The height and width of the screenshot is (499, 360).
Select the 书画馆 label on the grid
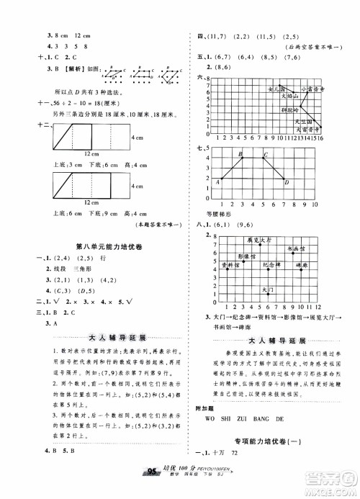tap(297, 248)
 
